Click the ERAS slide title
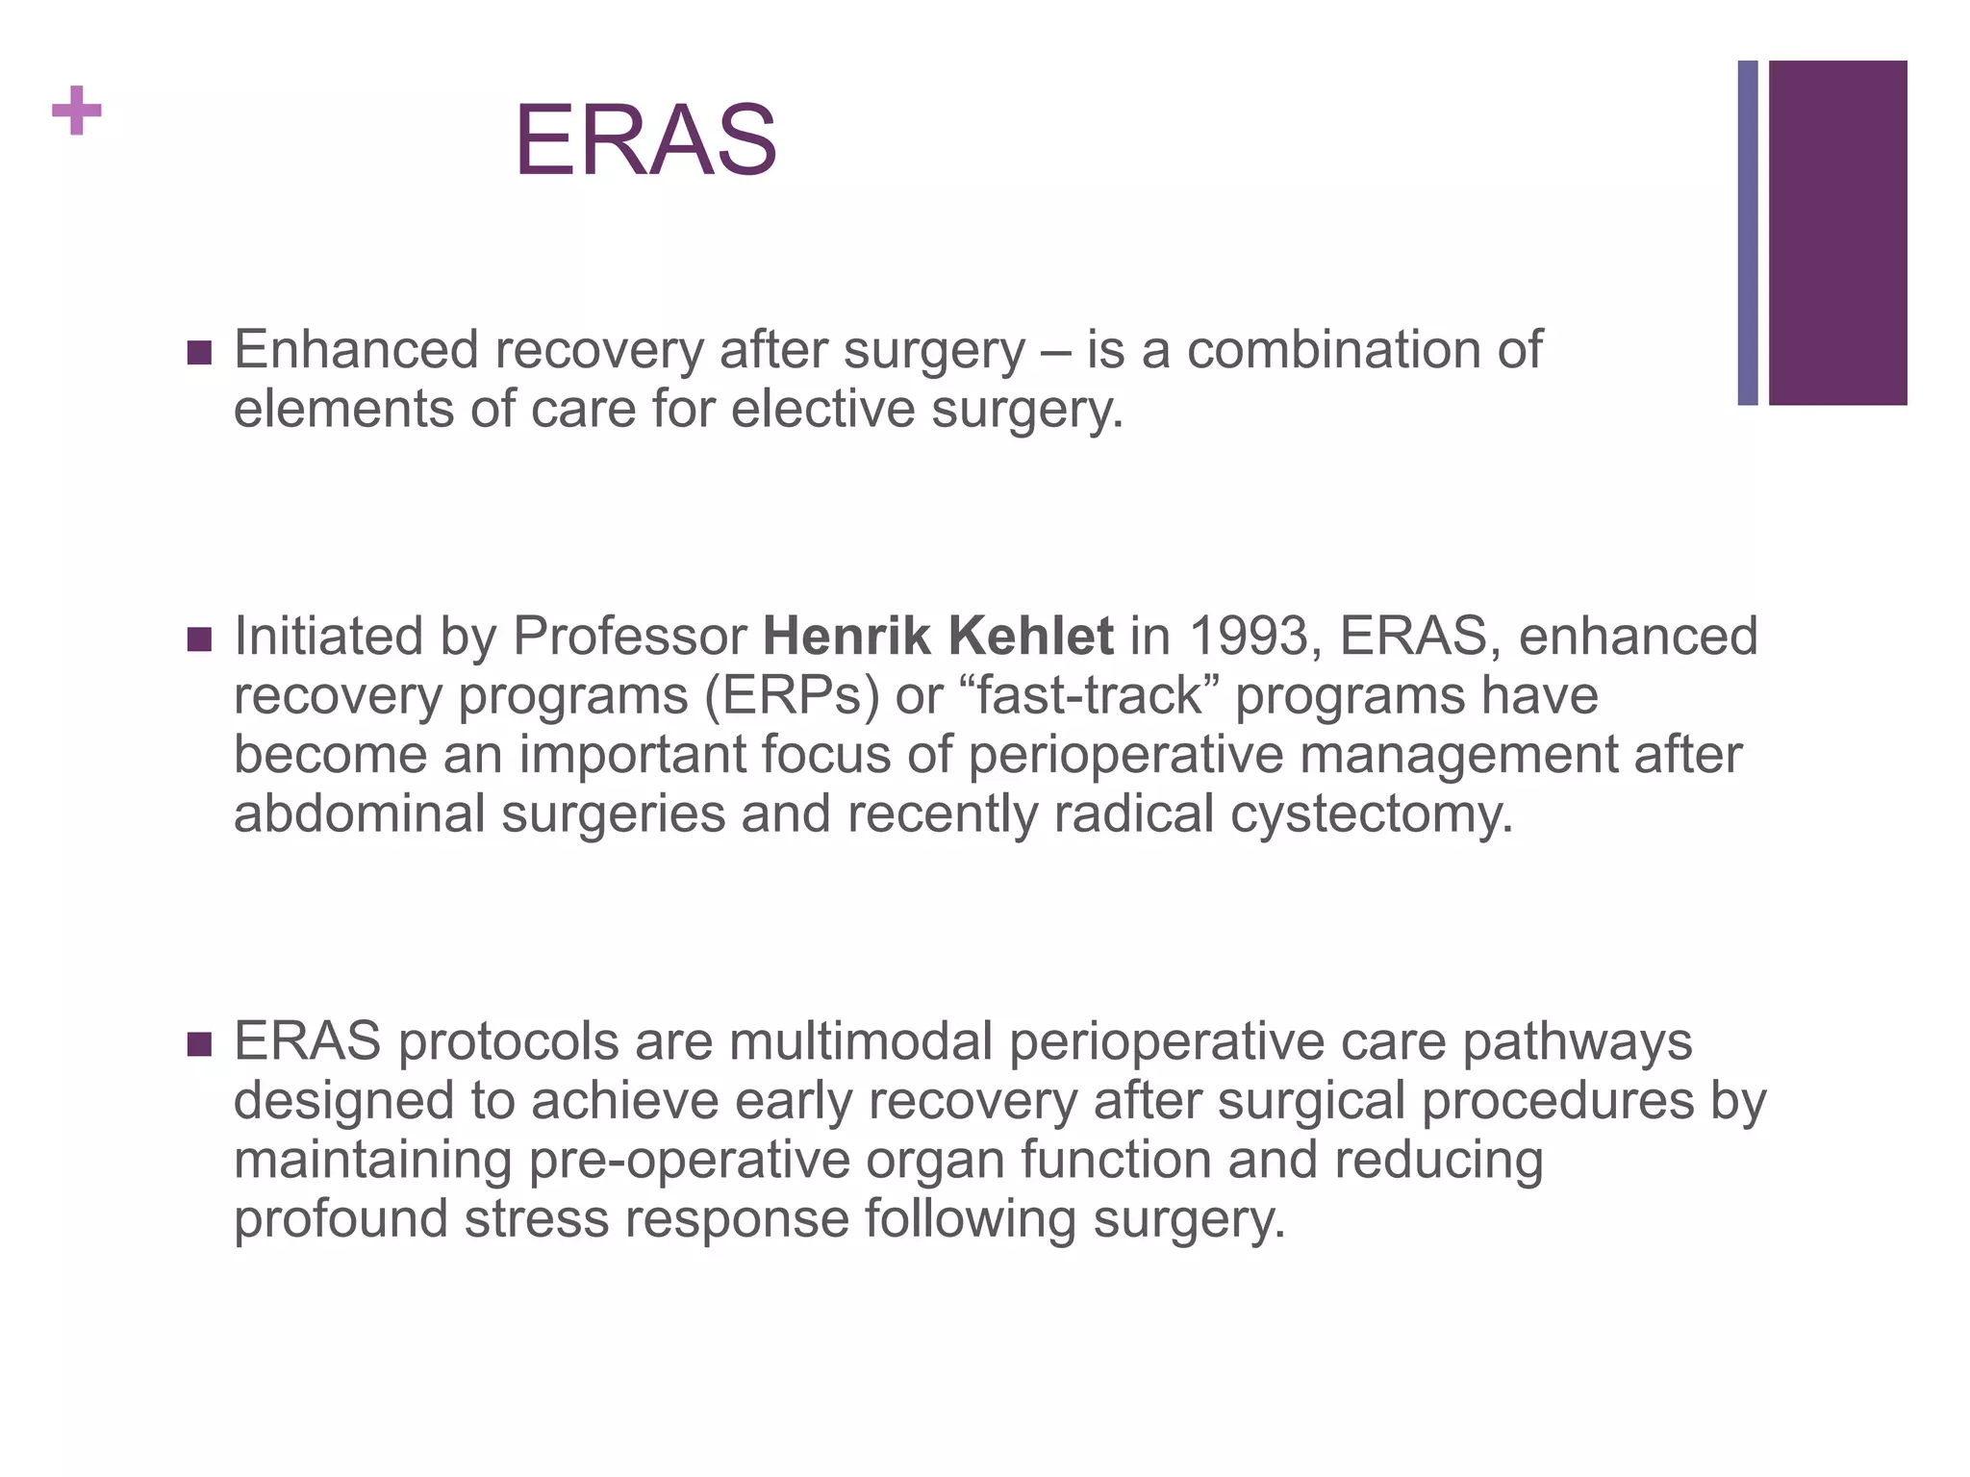645,141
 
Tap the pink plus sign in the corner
77,111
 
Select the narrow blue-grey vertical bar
1747,233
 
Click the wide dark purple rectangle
1837,233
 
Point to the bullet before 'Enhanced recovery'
199,353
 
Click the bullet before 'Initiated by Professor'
199,639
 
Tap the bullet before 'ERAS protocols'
199,1044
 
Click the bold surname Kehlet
1030,637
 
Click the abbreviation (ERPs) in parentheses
792,695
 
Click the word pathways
1577,1043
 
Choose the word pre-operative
689,1161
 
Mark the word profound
341,1219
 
